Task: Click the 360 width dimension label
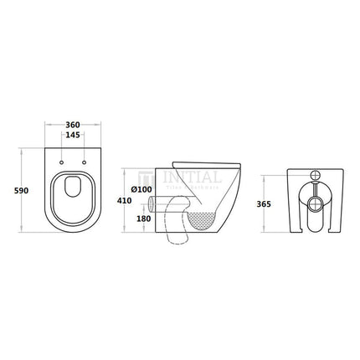pyautogui.click(x=75, y=121)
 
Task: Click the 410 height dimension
pyautogui.click(x=123, y=201)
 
